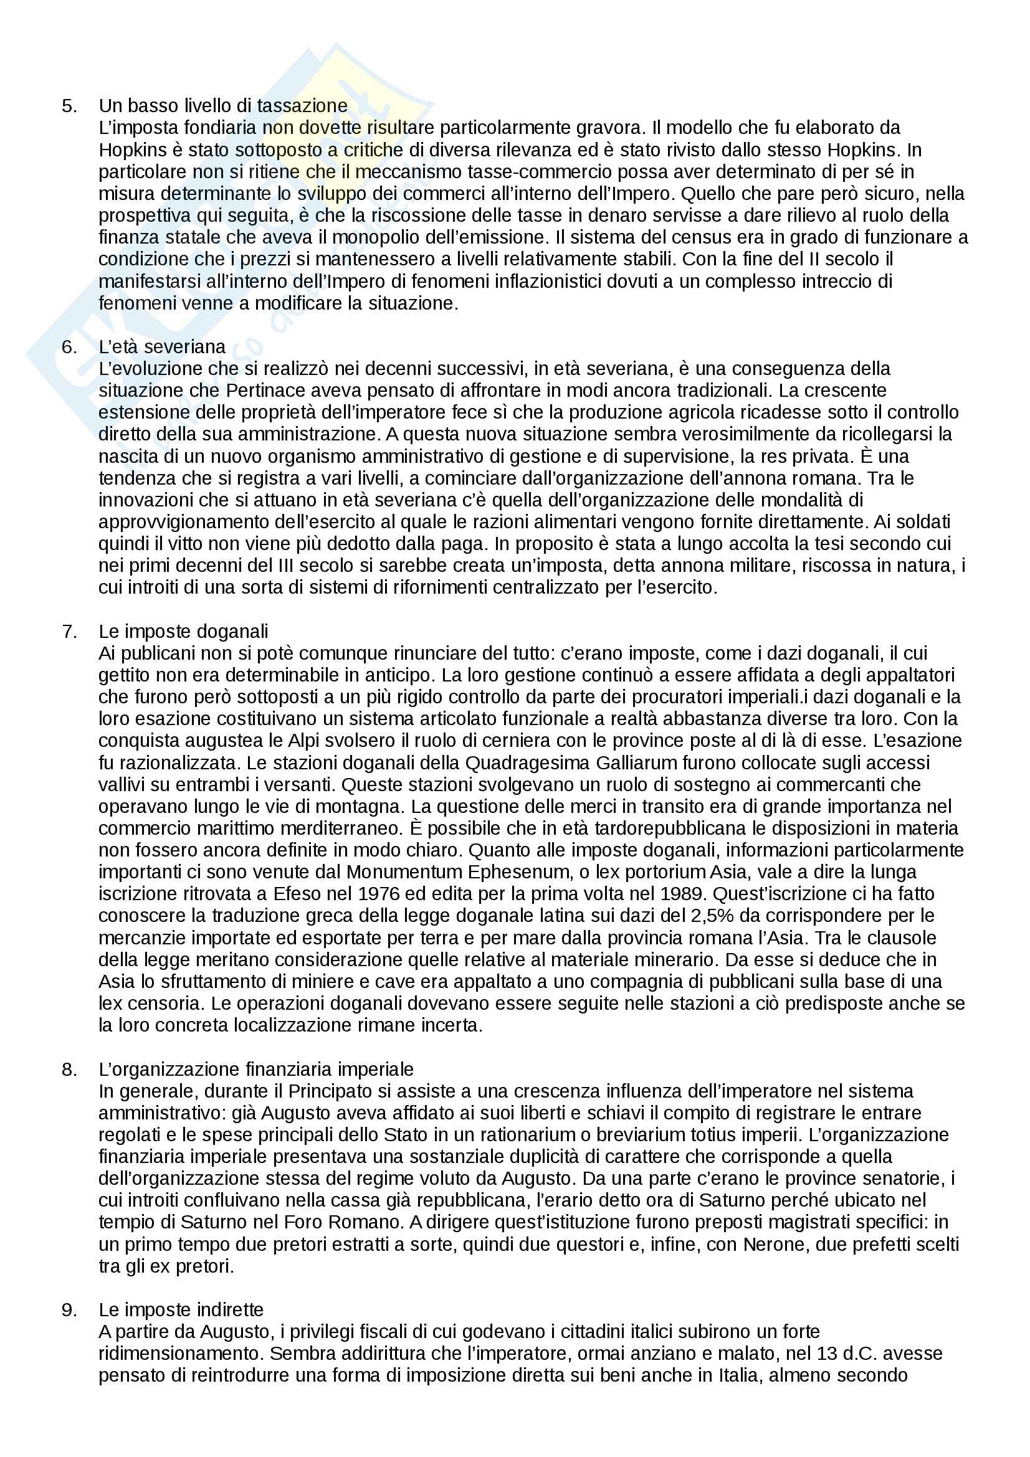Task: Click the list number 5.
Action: click(x=69, y=106)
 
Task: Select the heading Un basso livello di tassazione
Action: click(x=222, y=106)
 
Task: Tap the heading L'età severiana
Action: click(x=162, y=346)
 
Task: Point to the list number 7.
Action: click(x=69, y=632)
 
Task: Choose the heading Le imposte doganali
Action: click(x=183, y=632)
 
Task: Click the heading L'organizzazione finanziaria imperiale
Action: click(x=255, y=1070)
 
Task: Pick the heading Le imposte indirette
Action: click(x=181, y=1310)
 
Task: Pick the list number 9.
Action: click(x=69, y=1310)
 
